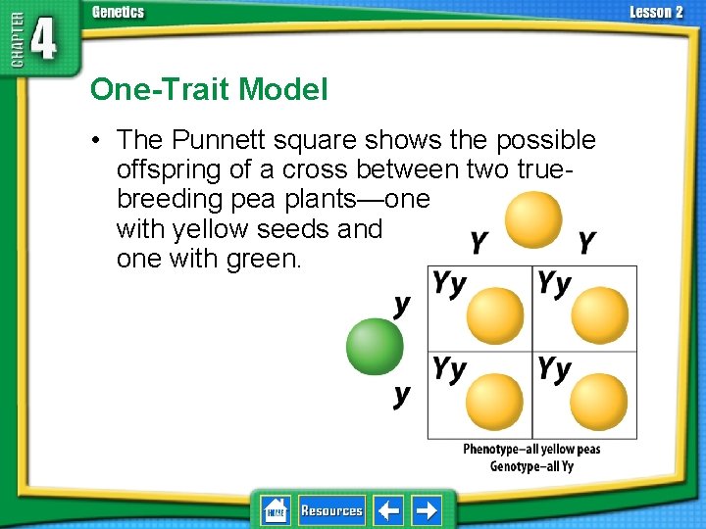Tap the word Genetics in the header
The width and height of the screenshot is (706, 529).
(118, 12)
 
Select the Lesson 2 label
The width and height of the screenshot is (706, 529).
(656, 12)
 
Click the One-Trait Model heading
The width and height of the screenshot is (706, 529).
(209, 90)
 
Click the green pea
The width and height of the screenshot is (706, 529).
(375, 347)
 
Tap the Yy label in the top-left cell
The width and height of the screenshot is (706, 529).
(450, 284)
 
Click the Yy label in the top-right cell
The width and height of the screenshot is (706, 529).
(554, 284)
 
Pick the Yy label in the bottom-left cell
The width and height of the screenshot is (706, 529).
(450, 369)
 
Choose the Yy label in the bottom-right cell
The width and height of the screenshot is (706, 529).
(554, 369)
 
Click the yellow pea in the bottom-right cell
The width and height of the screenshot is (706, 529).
(598, 403)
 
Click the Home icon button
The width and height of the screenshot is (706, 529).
(276, 510)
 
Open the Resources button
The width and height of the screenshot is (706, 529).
(331, 510)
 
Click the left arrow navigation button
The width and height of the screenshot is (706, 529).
(388, 510)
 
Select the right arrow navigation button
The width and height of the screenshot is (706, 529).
(427, 510)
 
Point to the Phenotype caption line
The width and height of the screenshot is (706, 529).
(531, 450)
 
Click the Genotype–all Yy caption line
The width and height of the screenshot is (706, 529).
(531, 466)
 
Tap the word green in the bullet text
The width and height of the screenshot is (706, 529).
(268, 260)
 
